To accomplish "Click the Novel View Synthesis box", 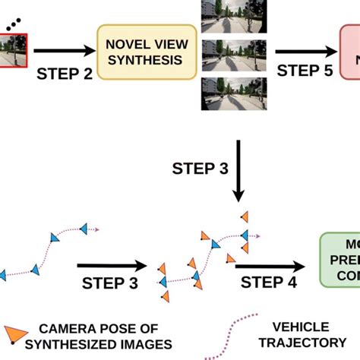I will click(x=146, y=51).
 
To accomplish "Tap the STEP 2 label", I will click(x=65, y=74).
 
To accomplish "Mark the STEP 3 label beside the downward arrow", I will click(x=199, y=169).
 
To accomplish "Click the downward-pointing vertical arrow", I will click(x=239, y=172).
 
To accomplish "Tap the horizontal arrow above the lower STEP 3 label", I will click(x=110, y=266).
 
